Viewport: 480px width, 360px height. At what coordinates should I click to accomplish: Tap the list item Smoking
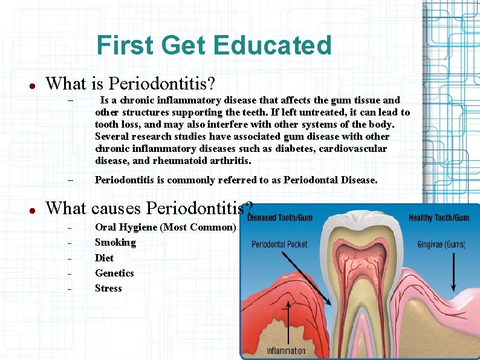pyautogui.click(x=115, y=243)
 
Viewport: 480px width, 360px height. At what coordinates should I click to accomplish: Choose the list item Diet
pyautogui.click(x=104, y=258)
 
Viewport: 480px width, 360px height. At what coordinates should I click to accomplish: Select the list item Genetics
pyautogui.click(x=114, y=273)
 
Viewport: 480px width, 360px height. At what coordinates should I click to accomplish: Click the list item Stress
pyautogui.click(x=108, y=289)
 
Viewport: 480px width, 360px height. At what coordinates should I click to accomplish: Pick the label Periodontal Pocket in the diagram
pyautogui.click(x=279, y=245)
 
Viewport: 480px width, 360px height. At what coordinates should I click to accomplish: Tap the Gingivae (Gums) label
pyautogui.click(x=441, y=245)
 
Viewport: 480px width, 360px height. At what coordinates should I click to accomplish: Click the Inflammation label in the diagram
pyautogui.click(x=286, y=350)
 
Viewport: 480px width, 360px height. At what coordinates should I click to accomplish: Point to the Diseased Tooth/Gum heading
pyautogui.click(x=279, y=218)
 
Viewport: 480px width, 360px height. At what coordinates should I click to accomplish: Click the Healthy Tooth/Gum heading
pyautogui.click(x=438, y=218)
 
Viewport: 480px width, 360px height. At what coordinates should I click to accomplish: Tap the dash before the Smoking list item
pyautogui.click(x=70, y=243)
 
